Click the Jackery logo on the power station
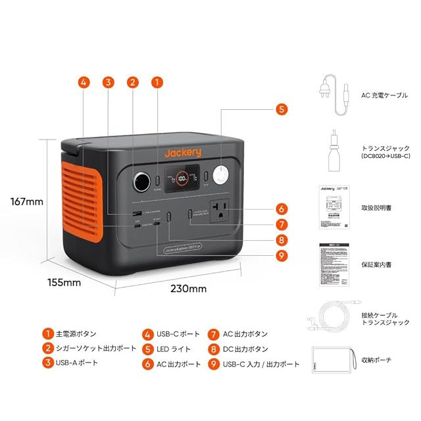pyautogui.click(x=182, y=153)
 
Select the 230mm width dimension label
pyautogui.click(x=189, y=288)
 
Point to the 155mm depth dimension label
pyautogui.click(x=63, y=282)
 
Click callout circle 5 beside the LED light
pyautogui.click(x=282, y=109)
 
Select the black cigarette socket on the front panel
pyautogui.click(x=140, y=180)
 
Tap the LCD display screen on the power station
pyautogui.click(x=182, y=178)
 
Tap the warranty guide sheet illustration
pyautogui.click(x=332, y=262)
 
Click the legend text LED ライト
pyautogui.click(x=174, y=349)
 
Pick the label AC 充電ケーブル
pyautogui.click(x=384, y=95)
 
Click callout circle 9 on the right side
pyautogui.click(x=282, y=255)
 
